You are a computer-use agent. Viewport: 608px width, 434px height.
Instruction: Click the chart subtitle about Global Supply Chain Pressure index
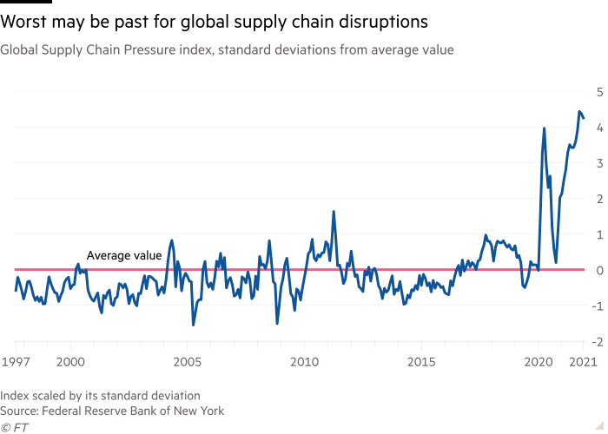(227, 50)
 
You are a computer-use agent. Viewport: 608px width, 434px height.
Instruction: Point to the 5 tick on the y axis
(598, 91)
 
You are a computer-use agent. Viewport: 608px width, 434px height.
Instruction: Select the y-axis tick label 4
(598, 127)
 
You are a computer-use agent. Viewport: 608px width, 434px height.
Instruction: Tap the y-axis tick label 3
(598, 163)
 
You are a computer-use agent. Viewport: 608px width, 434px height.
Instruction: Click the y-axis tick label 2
(598, 199)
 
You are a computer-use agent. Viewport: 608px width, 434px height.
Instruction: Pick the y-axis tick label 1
(598, 234)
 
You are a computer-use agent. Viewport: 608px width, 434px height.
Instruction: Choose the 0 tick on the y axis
(598, 271)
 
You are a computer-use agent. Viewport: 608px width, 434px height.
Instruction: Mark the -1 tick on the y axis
(597, 306)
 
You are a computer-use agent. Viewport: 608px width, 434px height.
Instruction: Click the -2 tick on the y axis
(597, 342)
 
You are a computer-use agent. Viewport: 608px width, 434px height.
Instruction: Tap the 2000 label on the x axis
(69, 359)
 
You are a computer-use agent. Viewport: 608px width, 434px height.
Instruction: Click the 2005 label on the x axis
(187, 359)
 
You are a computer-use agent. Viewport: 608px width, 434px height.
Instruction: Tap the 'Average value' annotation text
(123, 255)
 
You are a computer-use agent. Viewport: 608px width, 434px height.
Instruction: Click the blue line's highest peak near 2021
(579, 111)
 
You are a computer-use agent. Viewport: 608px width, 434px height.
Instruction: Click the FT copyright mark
(13, 427)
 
